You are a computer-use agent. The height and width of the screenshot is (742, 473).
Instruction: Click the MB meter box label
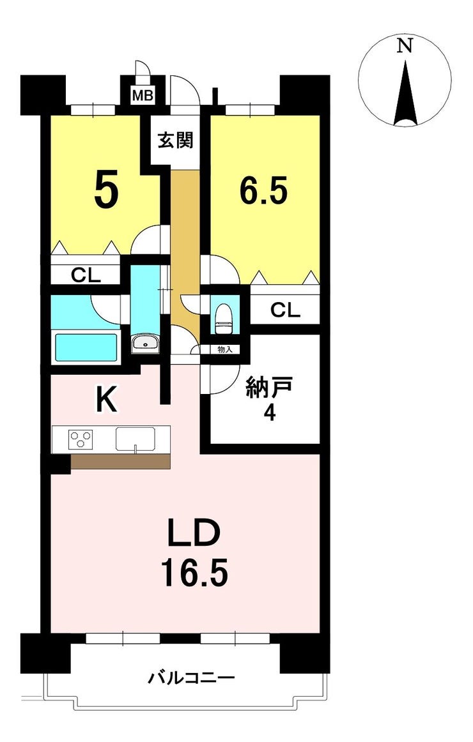[142, 96]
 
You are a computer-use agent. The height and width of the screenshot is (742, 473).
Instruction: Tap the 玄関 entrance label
[175, 140]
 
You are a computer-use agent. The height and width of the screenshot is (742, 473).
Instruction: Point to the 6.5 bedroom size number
[264, 189]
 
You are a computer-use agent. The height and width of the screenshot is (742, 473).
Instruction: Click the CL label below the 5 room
[86, 275]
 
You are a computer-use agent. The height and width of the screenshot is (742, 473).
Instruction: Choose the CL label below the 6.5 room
[285, 310]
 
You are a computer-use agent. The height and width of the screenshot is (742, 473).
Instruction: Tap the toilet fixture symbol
[222, 319]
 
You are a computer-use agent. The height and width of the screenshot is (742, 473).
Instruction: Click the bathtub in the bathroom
[86, 348]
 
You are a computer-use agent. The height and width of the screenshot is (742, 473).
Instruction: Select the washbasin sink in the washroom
[146, 343]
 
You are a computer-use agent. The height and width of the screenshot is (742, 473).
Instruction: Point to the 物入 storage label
[225, 350]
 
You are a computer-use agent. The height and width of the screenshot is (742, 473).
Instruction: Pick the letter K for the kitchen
[107, 403]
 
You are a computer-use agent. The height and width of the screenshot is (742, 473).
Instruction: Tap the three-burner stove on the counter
[81, 439]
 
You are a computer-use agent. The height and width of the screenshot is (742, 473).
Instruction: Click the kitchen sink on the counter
[136, 439]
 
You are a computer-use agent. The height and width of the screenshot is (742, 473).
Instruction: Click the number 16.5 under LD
[194, 572]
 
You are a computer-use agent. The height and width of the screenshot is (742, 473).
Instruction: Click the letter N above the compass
[405, 46]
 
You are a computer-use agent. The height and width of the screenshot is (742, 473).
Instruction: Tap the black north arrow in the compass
[405, 93]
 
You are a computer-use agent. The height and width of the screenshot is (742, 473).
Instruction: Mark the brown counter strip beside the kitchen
[120, 462]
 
